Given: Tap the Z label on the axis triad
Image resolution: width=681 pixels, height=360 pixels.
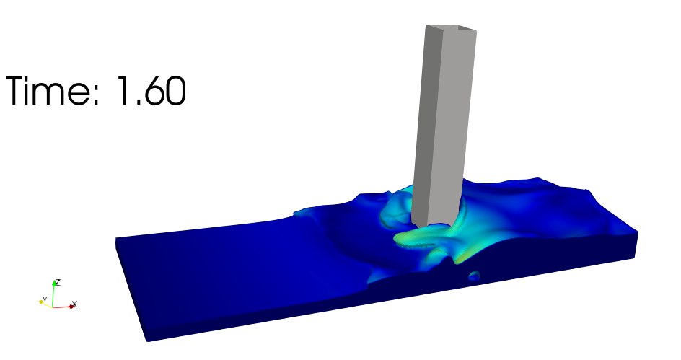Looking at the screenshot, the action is [x=58, y=282].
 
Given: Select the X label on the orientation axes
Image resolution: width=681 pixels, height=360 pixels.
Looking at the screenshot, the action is [x=75, y=304].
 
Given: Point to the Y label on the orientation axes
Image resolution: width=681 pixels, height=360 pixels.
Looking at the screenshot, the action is [x=44, y=299].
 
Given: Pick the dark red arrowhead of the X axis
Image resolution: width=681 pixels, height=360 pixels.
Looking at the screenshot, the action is [x=71, y=307].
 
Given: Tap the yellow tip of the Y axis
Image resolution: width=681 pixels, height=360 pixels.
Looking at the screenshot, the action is [x=41, y=302].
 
